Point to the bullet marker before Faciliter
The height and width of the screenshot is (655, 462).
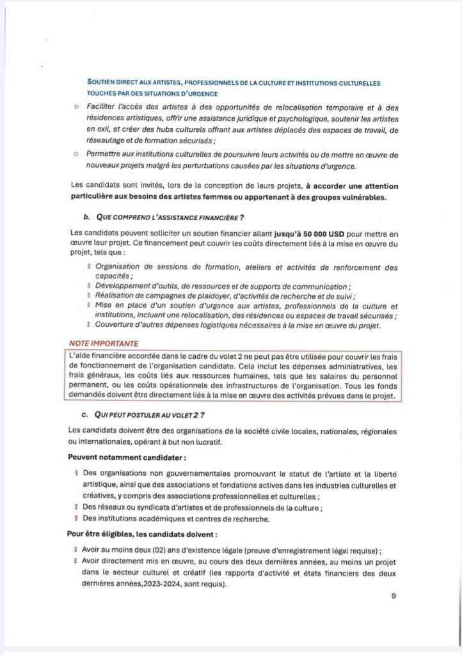click(x=75, y=105)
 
